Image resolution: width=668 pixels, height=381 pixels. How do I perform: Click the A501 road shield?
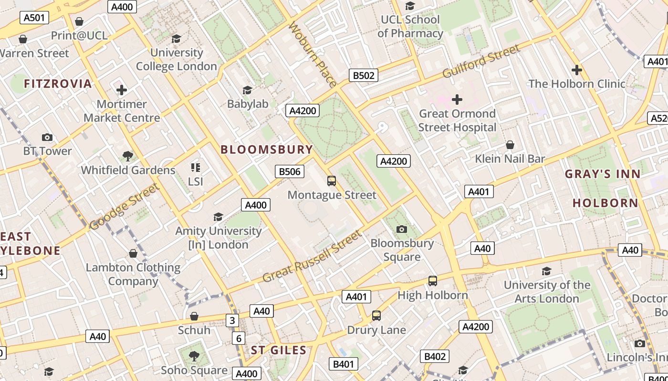(x=34, y=18)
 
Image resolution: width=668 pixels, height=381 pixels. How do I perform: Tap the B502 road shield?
(x=364, y=75)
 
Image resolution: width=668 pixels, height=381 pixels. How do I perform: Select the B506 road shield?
(x=289, y=171)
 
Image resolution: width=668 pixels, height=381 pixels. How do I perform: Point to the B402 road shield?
(x=435, y=356)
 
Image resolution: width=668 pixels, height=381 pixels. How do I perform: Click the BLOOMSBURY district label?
(x=267, y=150)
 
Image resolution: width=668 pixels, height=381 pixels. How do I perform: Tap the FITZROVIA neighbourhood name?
(x=58, y=84)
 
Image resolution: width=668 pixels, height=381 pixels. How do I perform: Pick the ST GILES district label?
(x=279, y=351)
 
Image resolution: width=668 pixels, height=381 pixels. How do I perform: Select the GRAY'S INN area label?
(x=603, y=174)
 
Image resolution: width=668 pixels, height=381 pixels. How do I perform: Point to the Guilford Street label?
(x=481, y=61)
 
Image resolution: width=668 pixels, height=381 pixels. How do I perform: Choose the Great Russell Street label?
(x=312, y=256)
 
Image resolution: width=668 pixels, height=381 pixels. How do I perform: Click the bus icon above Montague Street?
(x=332, y=181)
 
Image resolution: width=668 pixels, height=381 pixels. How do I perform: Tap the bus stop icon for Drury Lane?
(x=376, y=316)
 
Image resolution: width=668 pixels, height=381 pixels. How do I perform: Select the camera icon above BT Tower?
(x=47, y=137)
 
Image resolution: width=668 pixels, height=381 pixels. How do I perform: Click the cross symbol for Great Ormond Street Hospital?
(x=457, y=100)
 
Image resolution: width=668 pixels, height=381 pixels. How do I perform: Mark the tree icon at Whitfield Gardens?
(x=127, y=156)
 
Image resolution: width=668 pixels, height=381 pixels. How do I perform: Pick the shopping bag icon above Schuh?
(x=194, y=316)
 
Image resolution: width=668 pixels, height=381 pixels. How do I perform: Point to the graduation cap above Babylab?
(x=247, y=90)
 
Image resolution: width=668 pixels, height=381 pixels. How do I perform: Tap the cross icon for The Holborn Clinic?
(x=576, y=70)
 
